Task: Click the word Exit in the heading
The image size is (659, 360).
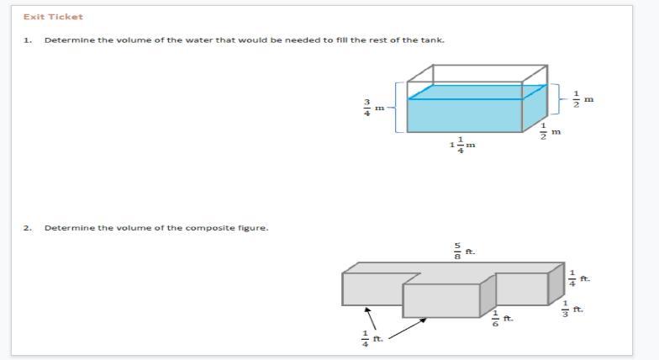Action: click(x=33, y=17)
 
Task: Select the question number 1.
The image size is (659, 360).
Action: click(x=28, y=40)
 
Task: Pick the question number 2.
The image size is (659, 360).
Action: click(x=28, y=228)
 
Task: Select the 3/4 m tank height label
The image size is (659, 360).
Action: click(x=373, y=108)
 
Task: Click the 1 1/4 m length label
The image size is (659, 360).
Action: click(x=462, y=145)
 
